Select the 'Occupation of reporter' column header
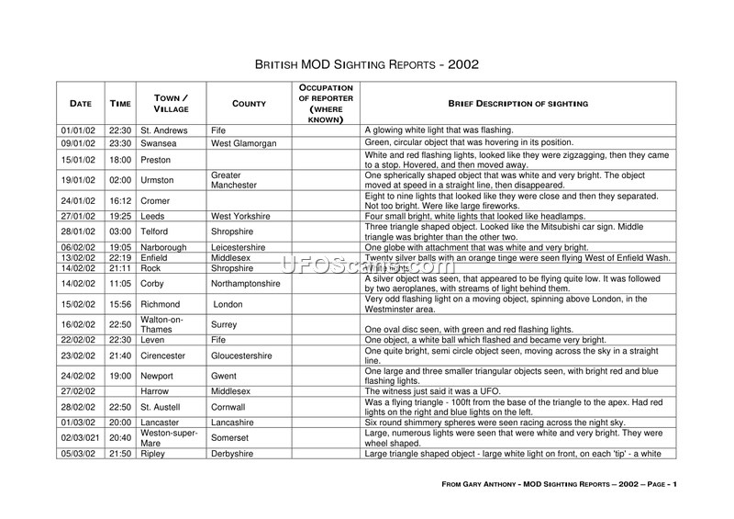326,104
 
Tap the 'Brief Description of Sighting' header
517,104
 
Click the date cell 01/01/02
78,130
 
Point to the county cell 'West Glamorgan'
240,143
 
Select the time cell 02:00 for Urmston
120,180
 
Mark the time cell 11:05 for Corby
120,286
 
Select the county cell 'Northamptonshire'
247,286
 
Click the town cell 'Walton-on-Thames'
161,324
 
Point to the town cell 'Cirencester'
163,355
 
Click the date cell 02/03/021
80,438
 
